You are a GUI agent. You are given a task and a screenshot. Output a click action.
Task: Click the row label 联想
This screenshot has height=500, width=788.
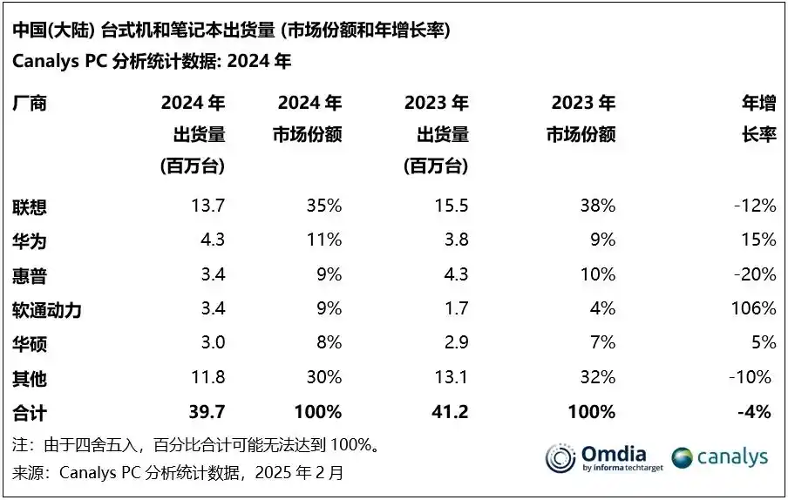30,206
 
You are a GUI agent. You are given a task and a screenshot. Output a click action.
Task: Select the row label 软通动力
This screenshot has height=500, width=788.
47,309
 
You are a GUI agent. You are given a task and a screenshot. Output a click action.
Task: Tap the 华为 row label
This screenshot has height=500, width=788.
30,240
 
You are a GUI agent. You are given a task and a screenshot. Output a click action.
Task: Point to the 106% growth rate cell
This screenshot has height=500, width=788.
755,308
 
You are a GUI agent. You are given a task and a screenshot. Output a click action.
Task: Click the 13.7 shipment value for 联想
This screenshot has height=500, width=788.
207,206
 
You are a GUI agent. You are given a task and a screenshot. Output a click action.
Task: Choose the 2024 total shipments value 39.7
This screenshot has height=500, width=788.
206,411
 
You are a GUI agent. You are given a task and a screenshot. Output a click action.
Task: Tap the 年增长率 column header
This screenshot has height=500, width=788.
758,119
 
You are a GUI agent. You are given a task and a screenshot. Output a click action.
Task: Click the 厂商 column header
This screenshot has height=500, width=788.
30,104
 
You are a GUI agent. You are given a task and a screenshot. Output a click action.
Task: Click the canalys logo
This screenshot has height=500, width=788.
720,457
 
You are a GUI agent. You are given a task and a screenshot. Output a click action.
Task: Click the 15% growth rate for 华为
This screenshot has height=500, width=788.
758,240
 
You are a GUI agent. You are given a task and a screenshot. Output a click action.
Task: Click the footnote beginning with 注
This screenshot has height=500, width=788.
196,446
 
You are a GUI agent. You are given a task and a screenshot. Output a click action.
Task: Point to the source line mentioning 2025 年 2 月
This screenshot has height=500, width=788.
179,474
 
